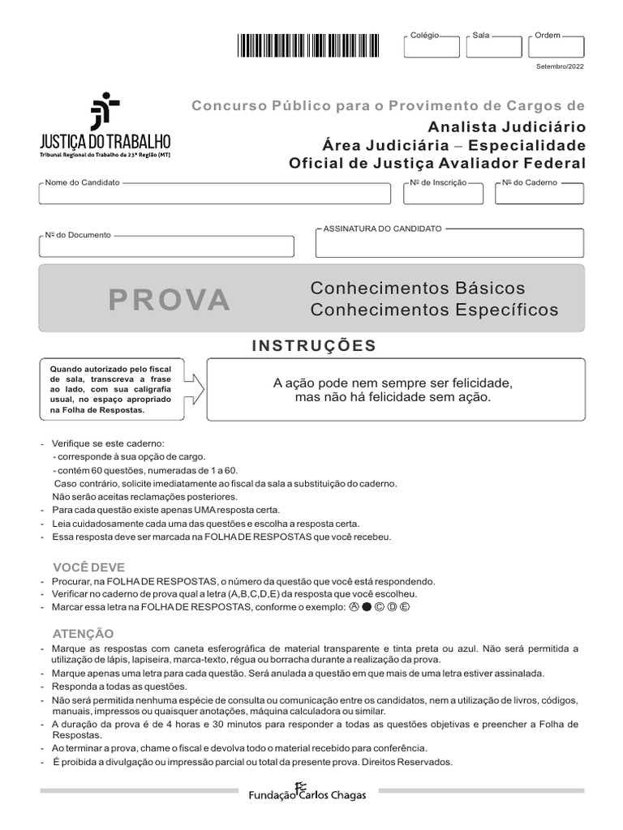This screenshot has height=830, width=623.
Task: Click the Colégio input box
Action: pyautogui.click(x=431, y=48)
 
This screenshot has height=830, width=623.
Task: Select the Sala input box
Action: pyautogui.click(x=493, y=48)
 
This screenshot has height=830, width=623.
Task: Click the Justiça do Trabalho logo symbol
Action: pyautogui.click(x=105, y=110)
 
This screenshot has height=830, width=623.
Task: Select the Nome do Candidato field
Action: pyautogui.click(x=214, y=195)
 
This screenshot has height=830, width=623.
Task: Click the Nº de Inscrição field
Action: pyautogui.click(x=444, y=195)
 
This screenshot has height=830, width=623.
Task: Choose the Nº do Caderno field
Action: pyautogui.click(x=539, y=195)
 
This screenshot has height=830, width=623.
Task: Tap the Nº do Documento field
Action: pyautogui.click(x=166, y=246)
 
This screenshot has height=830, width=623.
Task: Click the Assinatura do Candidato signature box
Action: pyautogui.click(x=449, y=243)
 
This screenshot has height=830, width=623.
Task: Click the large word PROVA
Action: pyautogui.click(x=170, y=300)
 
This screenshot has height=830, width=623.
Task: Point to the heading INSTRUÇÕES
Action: pyautogui.click(x=315, y=346)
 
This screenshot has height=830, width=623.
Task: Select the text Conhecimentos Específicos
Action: pyautogui.click(x=435, y=310)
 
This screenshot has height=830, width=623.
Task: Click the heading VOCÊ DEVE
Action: pyautogui.click(x=88, y=567)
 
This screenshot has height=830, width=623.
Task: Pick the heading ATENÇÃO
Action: pyautogui.click(x=84, y=633)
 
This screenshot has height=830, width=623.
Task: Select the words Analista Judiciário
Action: pyautogui.click(x=506, y=126)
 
